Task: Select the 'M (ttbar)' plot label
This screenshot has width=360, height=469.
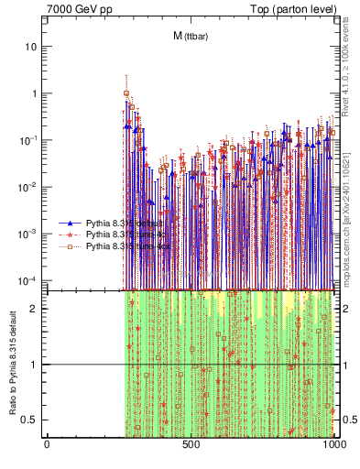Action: [x=190, y=36]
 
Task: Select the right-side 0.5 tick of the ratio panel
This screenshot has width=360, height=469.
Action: [x=348, y=420]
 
